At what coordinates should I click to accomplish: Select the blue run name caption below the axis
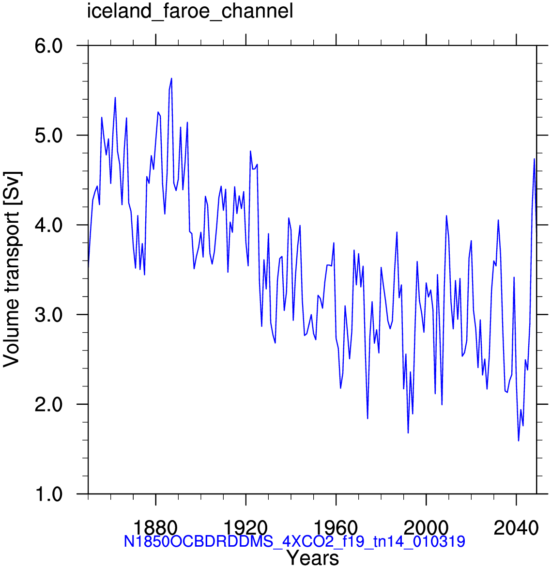click(x=294, y=541)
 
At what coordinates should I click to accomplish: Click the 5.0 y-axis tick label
click(x=48, y=136)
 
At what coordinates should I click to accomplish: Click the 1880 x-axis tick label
click(x=155, y=528)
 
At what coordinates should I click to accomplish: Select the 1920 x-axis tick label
click(x=245, y=528)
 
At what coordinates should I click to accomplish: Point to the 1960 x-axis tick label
click(x=336, y=528)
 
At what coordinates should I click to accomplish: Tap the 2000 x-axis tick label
click(x=426, y=528)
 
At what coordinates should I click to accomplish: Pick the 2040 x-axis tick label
click(x=516, y=528)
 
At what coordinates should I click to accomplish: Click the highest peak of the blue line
click(x=171, y=78)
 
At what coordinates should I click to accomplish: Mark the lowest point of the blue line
click(x=519, y=441)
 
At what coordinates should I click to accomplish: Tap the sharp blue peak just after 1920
click(x=250, y=151)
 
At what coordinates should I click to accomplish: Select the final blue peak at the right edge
click(x=535, y=159)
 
